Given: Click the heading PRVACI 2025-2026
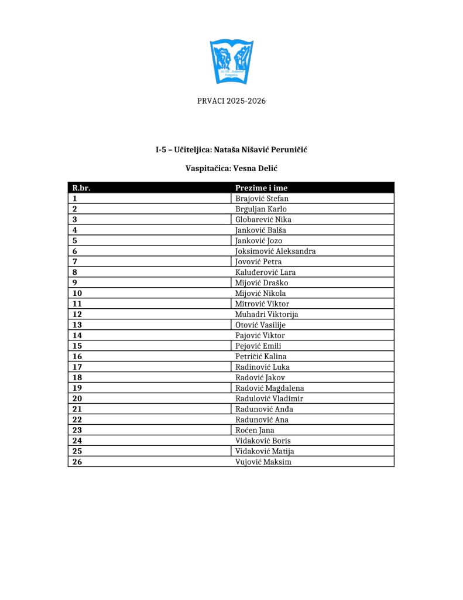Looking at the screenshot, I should point(231,101).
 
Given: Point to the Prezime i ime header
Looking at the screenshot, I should point(261,188).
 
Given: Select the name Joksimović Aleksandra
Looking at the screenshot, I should point(275,251).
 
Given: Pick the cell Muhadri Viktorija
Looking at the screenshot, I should point(266,315).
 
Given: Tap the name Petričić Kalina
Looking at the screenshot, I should point(260,357).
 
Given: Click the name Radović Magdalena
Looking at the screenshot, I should point(269,388).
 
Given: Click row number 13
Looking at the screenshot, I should point(77,325).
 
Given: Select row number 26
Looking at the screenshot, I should point(77,462).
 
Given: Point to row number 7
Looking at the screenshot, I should point(75,262).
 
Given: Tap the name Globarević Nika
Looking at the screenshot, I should point(263,220).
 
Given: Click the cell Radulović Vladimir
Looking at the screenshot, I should point(269,399).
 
